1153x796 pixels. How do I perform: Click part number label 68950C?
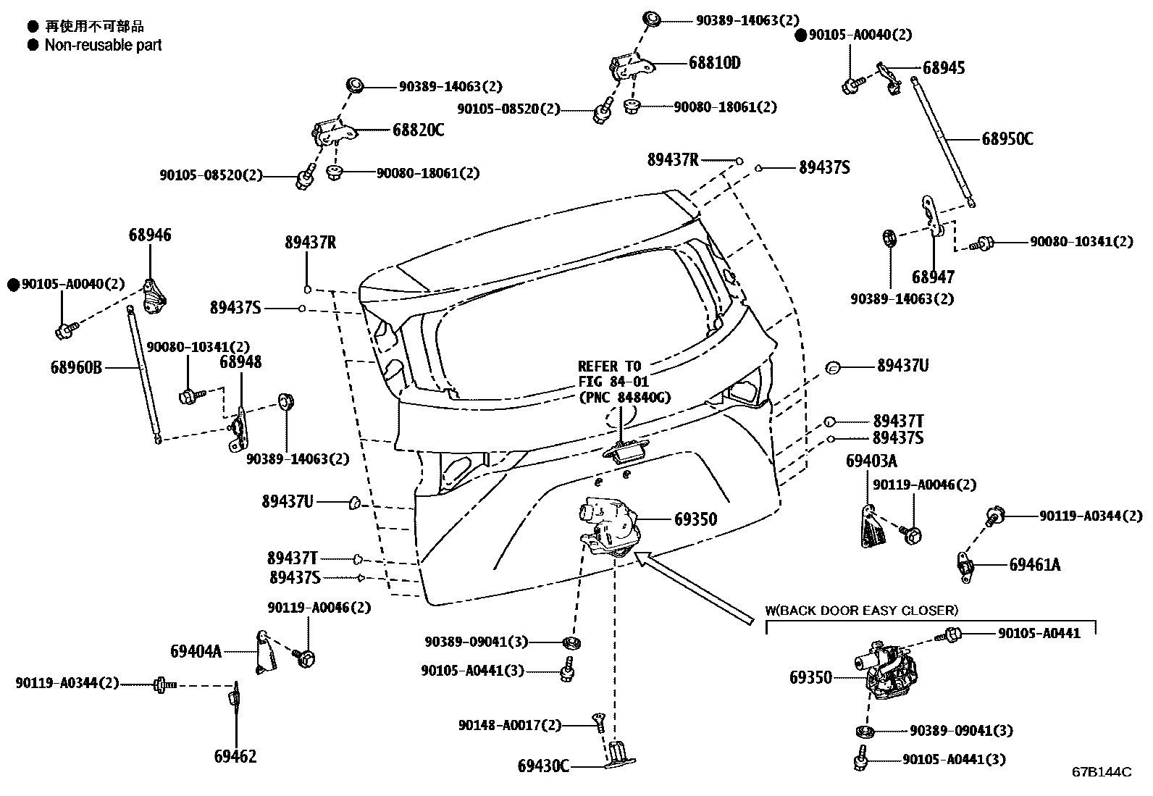pyautogui.click(x=1007, y=139)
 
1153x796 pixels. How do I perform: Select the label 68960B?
pyautogui.click(x=76, y=368)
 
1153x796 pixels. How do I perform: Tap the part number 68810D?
pyautogui.click(x=714, y=63)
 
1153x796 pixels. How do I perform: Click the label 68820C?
pyautogui.click(x=418, y=130)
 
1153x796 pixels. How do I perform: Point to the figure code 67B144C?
pyautogui.click(x=1101, y=772)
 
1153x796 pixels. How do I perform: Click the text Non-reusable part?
pyautogui.click(x=103, y=45)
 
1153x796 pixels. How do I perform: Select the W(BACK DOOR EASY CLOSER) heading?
pyautogui.click(x=861, y=611)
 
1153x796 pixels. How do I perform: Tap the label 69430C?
pyautogui.click(x=543, y=766)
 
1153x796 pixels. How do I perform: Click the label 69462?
pyautogui.click(x=235, y=757)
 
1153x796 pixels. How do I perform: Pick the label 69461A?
pyautogui.click(x=1034, y=565)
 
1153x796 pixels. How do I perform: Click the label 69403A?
pyautogui.click(x=871, y=461)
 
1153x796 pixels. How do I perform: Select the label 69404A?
pyautogui.click(x=196, y=651)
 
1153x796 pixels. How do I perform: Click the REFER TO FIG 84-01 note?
pyautogui.click(x=624, y=382)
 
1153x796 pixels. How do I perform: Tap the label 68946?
pyautogui.click(x=150, y=235)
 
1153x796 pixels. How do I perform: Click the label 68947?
pyautogui.click(x=933, y=277)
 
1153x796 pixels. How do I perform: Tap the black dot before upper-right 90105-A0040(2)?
pyautogui.click(x=801, y=35)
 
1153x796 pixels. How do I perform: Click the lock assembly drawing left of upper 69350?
pyautogui.click(x=608, y=525)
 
